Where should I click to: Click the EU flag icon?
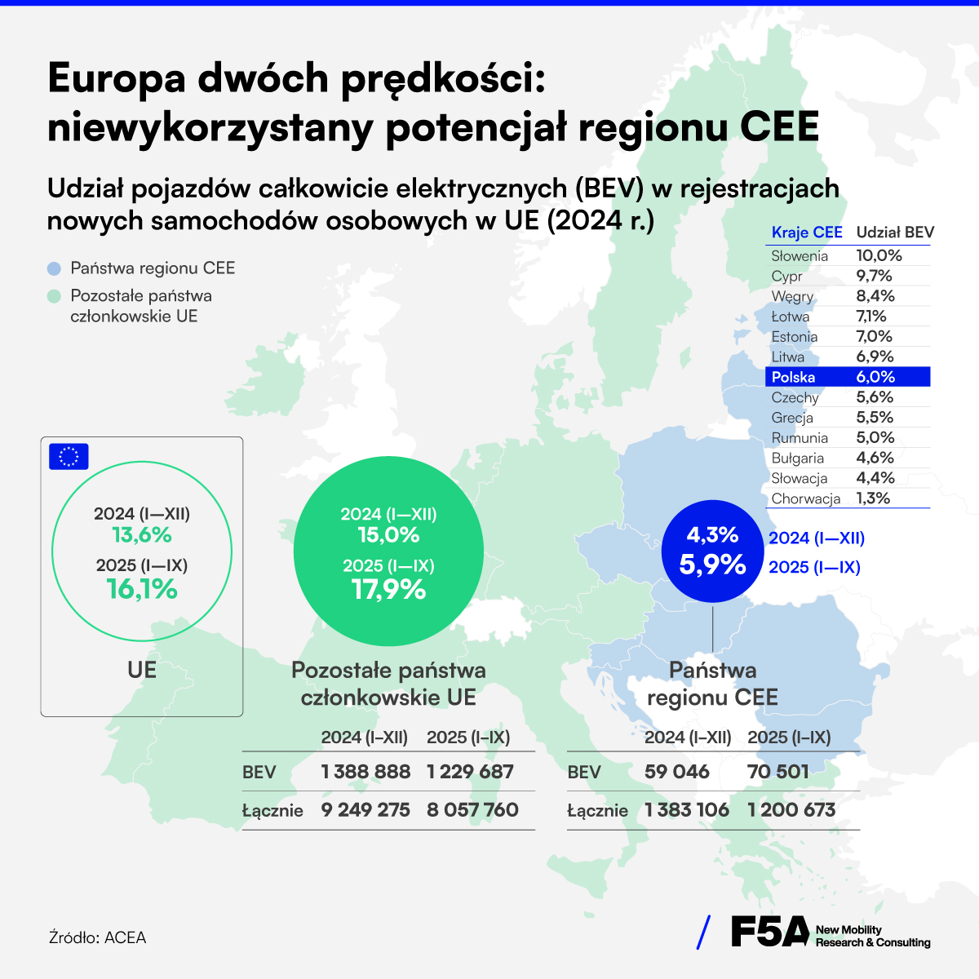(x=69, y=457)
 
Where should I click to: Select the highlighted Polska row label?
(x=793, y=377)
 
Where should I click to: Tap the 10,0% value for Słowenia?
(x=879, y=255)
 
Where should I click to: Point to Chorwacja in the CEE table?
(x=805, y=498)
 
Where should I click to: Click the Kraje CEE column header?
(x=807, y=233)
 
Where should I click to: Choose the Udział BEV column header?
(x=895, y=233)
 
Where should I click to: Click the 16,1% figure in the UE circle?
(x=142, y=589)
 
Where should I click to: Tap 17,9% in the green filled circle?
(x=388, y=589)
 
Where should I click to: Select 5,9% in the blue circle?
(x=712, y=565)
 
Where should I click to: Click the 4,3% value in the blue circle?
(x=712, y=535)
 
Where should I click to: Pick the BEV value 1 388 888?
(x=365, y=772)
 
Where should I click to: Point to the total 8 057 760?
(x=472, y=810)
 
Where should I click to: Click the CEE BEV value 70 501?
(x=778, y=772)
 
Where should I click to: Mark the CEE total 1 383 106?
(x=687, y=810)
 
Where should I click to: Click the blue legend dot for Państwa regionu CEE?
(x=54, y=268)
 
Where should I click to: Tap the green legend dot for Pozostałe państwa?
(x=54, y=296)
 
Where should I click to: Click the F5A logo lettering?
(x=769, y=932)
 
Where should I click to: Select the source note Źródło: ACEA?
(x=97, y=937)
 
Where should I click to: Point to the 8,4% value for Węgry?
(x=875, y=296)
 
